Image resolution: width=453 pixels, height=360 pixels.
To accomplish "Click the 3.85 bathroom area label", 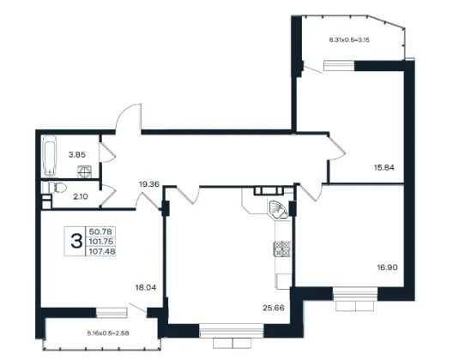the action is [77, 155].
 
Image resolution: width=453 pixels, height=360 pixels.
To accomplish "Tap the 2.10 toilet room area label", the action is [81, 197].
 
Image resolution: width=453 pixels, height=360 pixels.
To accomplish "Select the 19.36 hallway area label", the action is [149, 184].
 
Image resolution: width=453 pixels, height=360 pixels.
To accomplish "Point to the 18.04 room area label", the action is [146, 287].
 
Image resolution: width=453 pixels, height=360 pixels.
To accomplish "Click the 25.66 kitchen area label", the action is [274, 308].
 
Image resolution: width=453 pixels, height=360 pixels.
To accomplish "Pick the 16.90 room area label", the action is [388, 267].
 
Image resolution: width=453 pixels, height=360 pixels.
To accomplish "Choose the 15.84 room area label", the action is [384, 167].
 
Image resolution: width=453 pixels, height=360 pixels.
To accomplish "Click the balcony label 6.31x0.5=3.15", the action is [349, 40].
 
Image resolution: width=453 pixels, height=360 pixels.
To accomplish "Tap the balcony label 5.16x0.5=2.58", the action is [108, 333].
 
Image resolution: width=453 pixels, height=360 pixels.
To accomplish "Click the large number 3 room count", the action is [76, 242].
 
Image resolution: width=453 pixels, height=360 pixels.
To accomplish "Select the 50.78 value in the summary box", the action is [101, 231].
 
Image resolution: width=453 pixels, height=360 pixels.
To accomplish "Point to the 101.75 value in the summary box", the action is [101, 242].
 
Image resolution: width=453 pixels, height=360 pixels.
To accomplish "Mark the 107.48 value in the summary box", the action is [102, 251].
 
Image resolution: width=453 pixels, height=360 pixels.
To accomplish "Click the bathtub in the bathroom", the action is [50, 156].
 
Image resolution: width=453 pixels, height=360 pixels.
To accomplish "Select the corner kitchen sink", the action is [278, 210].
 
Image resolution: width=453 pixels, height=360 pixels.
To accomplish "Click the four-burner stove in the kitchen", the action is [281, 249].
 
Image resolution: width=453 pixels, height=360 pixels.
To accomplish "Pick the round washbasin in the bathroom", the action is [85, 171].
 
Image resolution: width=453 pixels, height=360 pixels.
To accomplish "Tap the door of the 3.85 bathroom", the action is [107, 152].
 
